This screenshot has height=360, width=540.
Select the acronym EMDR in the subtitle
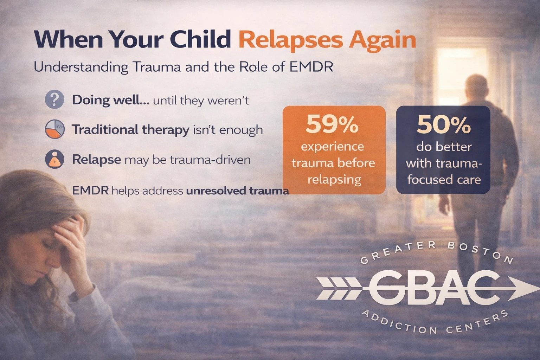coord(311,67)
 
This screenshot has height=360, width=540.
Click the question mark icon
coord(54,99)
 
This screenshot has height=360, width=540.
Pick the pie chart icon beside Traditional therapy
coord(54,129)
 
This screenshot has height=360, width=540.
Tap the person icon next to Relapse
coord(54,159)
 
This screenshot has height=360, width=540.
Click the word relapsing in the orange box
coord(334,180)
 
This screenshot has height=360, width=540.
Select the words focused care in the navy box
coord(444,180)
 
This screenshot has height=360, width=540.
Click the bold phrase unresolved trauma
coord(237,191)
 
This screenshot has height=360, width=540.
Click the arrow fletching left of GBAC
coord(337,287)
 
